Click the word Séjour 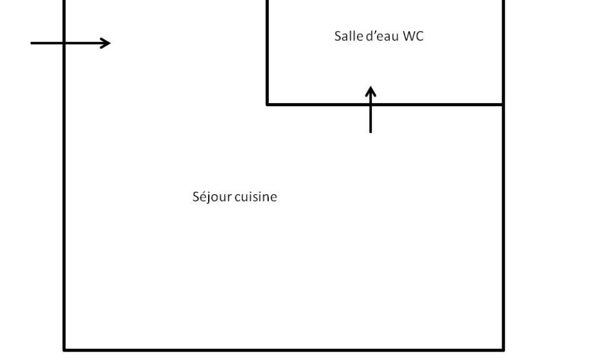207,197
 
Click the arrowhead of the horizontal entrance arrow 108,43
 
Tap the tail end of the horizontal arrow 32,43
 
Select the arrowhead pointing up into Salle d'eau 371,90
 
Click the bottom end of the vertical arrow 371,131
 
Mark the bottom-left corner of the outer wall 64,349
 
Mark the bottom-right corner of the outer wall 503,349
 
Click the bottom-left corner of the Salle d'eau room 268,104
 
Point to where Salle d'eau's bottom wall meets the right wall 503,104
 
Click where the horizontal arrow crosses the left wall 64,43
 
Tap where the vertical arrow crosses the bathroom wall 371,104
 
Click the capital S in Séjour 195,197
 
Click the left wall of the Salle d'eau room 268,54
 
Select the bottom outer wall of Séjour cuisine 282,349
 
